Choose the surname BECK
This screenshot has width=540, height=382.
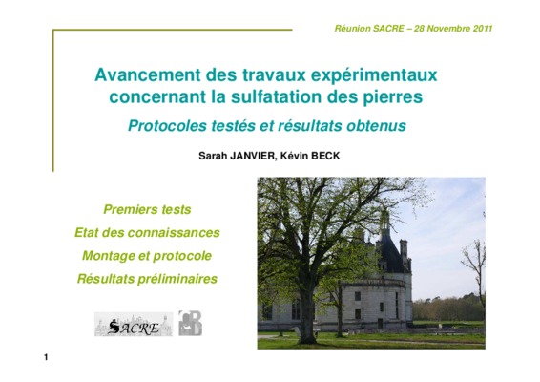click(x=325, y=156)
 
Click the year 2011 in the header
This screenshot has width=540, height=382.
click(x=483, y=29)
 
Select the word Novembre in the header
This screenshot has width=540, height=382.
click(x=448, y=29)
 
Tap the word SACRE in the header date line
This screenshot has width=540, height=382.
click(x=388, y=29)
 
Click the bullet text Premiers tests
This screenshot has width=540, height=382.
click(x=147, y=209)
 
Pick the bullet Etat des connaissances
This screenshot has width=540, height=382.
click(x=147, y=232)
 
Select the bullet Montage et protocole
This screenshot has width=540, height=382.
click(x=147, y=256)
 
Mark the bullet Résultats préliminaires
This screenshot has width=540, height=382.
click(x=147, y=279)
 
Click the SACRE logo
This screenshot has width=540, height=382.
click(x=134, y=324)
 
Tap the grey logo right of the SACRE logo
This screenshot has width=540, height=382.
click(x=190, y=323)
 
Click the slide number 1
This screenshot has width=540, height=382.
click(x=46, y=357)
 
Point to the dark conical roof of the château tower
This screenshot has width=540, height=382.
click(x=390, y=251)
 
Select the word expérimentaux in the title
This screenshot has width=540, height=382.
click(x=374, y=75)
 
